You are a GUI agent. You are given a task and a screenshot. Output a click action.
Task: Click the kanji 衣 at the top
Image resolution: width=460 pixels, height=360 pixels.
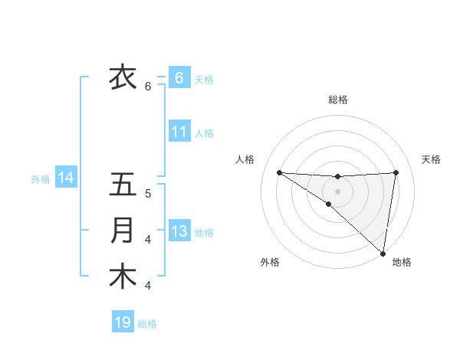tap(123, 77)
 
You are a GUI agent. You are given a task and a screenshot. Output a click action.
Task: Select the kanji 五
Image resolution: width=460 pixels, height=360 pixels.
tap(123, 185)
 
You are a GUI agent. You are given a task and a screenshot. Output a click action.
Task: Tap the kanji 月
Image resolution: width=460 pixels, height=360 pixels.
tap(123, 231)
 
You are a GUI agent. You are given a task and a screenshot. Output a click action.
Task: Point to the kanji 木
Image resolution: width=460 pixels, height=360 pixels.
tap(123, 277)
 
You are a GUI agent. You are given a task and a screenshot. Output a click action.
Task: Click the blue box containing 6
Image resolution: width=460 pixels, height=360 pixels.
tap(179, 77)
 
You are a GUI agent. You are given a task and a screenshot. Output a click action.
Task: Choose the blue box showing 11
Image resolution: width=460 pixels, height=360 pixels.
tap(179, 132)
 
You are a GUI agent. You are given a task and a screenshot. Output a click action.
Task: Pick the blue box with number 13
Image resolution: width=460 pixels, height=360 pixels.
tap(179, 231)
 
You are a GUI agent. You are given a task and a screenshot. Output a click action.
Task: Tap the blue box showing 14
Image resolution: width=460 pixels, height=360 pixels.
tap(65, 178)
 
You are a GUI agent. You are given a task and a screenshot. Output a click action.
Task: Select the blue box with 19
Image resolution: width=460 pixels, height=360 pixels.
tap(123, 322)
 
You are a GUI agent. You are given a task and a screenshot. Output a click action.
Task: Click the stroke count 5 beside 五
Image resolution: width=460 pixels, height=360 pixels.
tap(148, 194)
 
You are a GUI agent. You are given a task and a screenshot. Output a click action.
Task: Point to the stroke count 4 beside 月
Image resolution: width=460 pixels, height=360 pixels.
tap(148, 240)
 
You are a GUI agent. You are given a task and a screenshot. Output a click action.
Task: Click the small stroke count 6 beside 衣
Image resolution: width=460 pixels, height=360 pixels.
tap(148, 87)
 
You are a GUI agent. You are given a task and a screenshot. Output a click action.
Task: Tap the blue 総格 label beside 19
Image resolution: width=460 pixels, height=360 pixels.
tap(147, 324)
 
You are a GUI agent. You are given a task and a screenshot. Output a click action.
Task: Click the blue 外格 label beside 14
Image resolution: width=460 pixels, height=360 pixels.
tap(41, 179)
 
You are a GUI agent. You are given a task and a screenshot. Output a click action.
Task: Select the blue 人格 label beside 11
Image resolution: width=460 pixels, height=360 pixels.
tap(204, 133)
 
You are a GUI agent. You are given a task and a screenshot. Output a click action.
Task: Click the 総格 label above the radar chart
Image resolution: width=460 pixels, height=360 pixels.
tap(337, 100)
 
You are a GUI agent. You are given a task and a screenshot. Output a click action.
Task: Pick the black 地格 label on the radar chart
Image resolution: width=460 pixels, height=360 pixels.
tap(402, 262)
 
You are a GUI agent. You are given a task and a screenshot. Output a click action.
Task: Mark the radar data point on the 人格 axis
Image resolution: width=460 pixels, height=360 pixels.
tap(279, 172)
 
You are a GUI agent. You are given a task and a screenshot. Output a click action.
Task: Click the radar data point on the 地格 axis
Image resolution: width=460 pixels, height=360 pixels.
tap(383, 253)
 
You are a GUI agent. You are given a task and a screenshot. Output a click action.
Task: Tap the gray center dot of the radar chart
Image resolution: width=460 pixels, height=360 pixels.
tap(337, 191)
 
